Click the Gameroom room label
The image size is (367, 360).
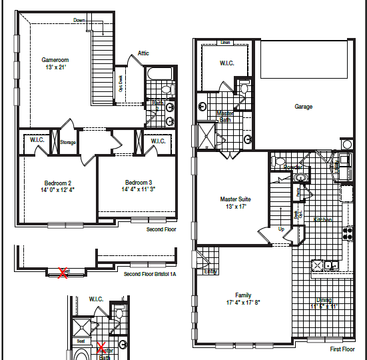pos(56,60)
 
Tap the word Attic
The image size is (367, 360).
pos(143,53)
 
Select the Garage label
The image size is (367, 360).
pos(304,107)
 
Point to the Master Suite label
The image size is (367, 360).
pos(235,199)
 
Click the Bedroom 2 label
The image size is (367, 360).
pos(58,183)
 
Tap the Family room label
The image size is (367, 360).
pos(243,295)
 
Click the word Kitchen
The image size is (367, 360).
pos(323,219)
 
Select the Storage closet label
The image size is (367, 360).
pos(68,142)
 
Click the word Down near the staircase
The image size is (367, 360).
pos(79,20)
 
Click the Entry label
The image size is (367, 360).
pos(210,271)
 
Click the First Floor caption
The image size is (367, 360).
pos(343,349)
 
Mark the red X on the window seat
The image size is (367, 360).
pos(64,272)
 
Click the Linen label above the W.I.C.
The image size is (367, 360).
pos(225,43)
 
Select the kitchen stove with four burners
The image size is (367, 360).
pos(347,233)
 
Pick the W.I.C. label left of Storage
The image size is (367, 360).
pos(35,141)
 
